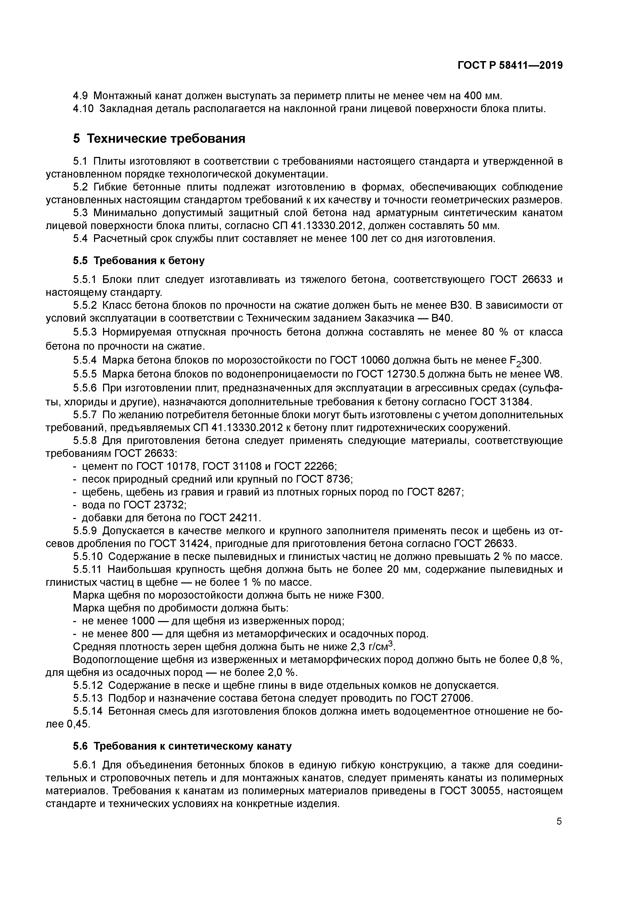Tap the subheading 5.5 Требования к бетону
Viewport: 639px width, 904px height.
pos(139,260)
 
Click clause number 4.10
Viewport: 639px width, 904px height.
pos(83,109)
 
